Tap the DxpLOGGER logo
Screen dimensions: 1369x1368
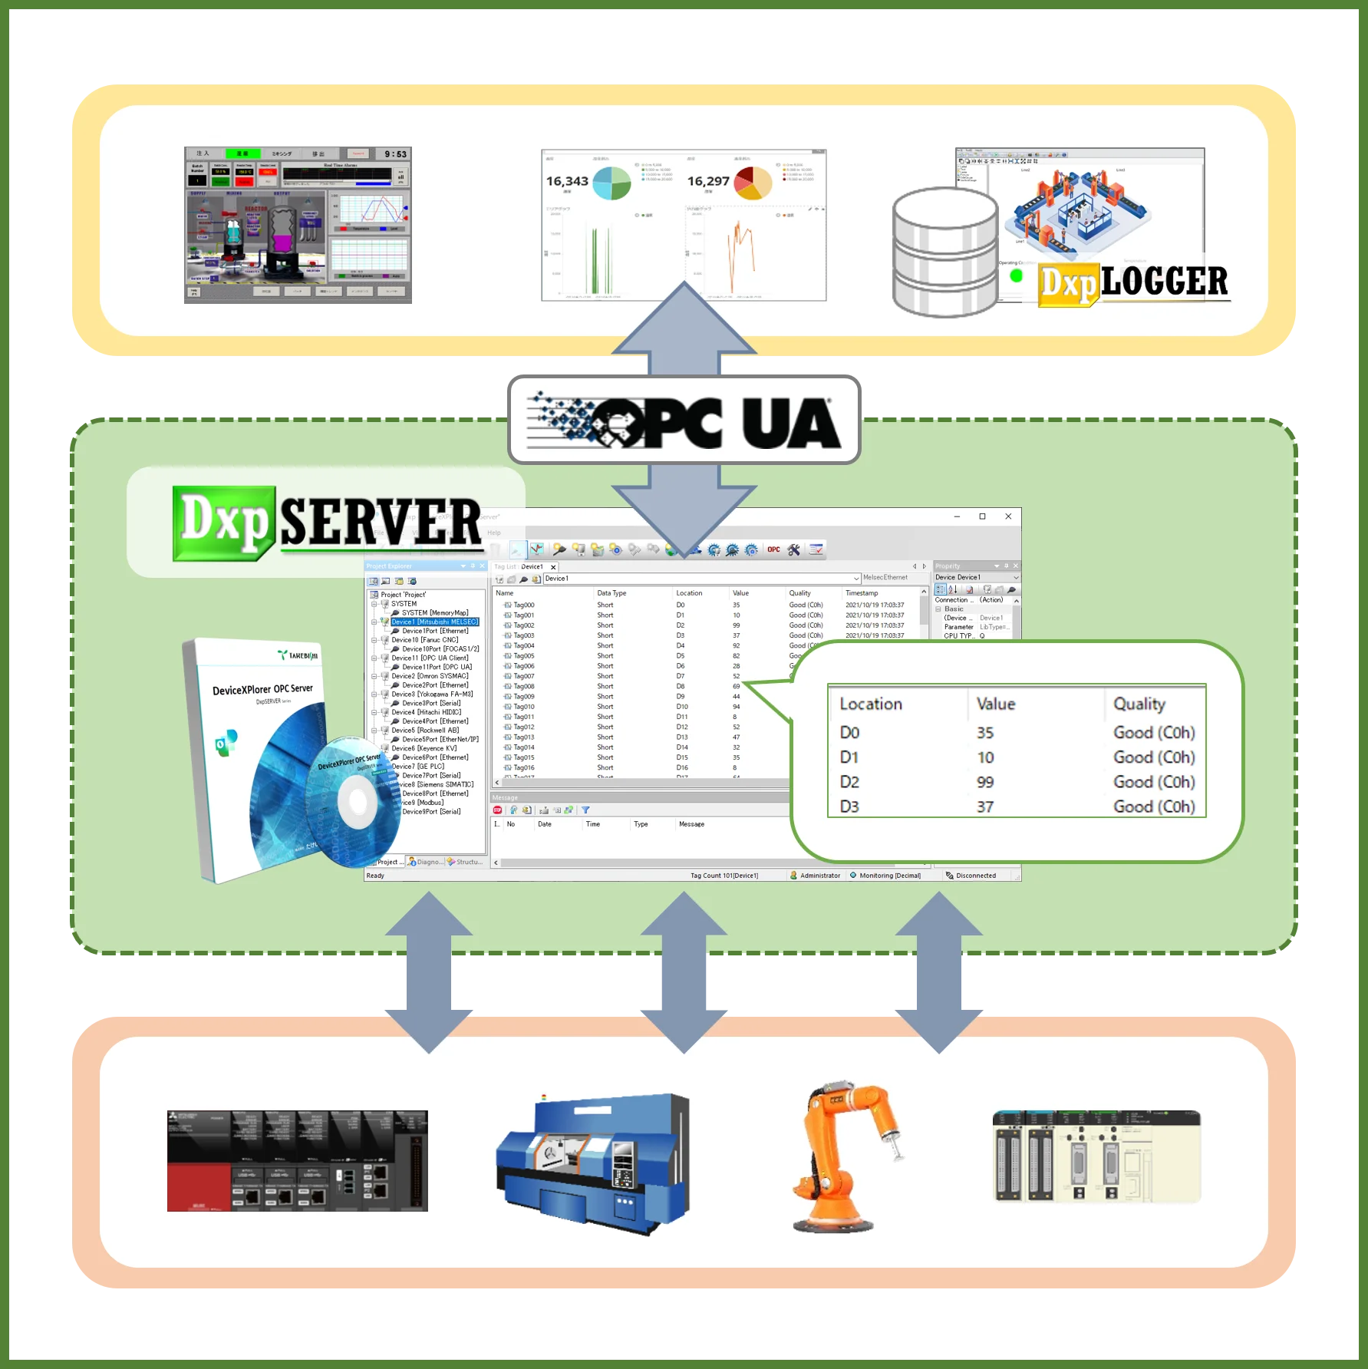pos(1134,283)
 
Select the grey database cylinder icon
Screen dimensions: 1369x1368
pos(944,252)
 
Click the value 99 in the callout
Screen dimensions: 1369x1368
pos(985,782)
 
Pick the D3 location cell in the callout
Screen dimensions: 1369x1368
pos(849,807)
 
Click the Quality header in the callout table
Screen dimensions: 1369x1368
pos(1139,704)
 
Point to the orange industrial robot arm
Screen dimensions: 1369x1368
pos(844,1155)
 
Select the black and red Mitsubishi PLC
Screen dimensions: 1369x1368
pos(297,1160)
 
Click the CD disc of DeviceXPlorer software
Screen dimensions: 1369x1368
pos(354,802)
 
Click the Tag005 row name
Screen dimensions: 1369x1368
pos(524,656)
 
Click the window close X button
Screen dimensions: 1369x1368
pos(1008,516)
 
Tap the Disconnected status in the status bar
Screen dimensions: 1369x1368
pos(975,876)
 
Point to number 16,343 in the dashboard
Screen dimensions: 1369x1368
pos(567,181)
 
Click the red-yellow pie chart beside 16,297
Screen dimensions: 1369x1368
pos(753,183)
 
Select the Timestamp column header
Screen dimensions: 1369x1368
pos(862,593)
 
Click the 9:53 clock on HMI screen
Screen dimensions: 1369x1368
pos(395,154)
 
